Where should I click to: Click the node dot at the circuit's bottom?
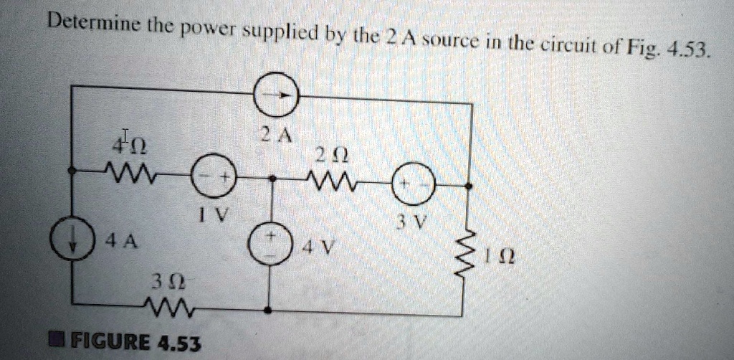pos(268,309)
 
